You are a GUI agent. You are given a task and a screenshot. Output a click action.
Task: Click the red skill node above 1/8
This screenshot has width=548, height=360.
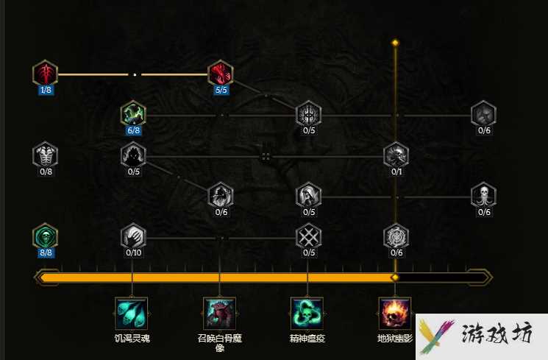[45, 73]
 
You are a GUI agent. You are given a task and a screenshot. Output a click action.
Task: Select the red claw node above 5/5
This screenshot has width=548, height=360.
[221, 73]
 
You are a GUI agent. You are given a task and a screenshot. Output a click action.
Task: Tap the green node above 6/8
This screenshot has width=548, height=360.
[133, 113]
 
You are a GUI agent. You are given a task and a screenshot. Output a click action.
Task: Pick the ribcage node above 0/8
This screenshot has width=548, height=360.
[45, 155]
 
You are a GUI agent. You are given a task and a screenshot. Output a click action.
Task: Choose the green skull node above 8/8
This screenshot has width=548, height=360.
[45, 236]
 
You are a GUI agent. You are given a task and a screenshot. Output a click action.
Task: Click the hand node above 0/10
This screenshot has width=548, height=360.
[133, 236]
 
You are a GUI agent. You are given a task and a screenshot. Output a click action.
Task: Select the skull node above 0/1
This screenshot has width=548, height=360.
[396, 155]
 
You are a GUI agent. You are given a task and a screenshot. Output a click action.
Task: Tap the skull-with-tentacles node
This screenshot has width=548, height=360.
[484, 195]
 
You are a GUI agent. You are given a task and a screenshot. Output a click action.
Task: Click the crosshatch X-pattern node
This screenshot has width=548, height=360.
[309, 236]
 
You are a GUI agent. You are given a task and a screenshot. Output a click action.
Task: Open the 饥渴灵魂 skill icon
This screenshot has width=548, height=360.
[132, 314]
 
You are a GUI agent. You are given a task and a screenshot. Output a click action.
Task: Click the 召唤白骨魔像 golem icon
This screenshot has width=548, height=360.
[219, 314]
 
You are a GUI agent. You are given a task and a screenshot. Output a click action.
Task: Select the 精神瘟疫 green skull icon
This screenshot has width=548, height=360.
[307, 314]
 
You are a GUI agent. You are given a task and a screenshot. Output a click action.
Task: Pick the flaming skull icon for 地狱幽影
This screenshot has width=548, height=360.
[395, 314]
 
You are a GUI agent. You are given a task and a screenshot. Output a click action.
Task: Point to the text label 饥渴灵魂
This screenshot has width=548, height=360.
[132, 339]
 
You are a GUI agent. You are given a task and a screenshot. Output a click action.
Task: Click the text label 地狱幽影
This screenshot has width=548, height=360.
[395, 339]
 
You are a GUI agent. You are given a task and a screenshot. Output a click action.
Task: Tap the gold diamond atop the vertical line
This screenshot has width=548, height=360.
[395, 43]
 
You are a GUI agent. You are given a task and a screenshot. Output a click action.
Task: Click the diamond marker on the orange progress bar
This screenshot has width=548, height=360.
[395, 278]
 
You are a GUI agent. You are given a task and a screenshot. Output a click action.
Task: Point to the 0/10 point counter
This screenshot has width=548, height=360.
[133, 253]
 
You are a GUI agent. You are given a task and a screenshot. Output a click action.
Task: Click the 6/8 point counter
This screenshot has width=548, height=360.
[133, 130]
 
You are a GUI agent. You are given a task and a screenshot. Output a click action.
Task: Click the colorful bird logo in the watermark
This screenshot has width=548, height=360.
[435, 336]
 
